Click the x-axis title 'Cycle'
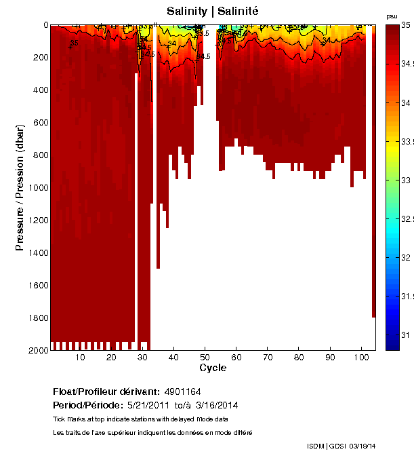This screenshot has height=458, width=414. coord(213,368)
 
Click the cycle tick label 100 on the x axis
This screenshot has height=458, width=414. coord(361,358)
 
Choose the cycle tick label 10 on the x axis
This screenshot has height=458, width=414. coord(80,358)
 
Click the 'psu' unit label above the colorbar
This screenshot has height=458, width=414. coord(391,16)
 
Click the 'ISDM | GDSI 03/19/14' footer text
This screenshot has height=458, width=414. coord(341,446)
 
